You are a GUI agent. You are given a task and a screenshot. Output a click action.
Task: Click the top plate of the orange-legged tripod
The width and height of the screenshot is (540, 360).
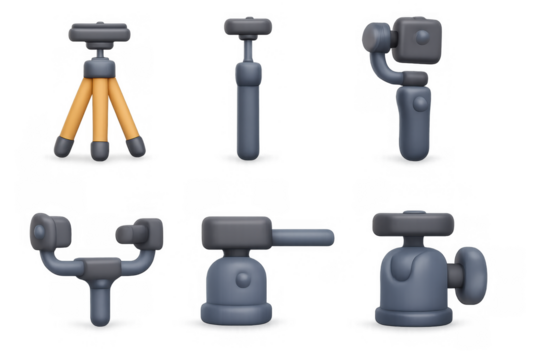100,31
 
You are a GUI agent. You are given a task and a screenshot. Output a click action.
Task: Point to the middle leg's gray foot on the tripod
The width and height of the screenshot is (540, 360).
100,150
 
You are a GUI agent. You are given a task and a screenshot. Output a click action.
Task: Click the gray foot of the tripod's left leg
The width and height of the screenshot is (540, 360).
62,147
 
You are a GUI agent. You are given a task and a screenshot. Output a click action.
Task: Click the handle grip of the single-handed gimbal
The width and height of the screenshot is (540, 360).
411,125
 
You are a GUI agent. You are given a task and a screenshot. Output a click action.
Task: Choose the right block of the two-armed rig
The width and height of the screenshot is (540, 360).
143,232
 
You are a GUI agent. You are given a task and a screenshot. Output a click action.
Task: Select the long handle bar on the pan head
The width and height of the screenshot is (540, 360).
301,235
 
